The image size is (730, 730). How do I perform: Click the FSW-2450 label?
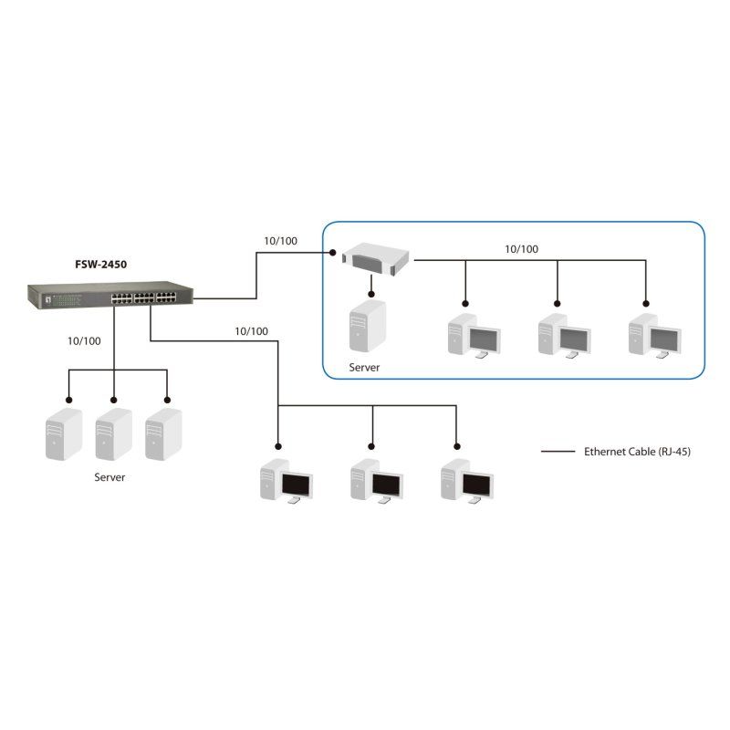[x=100, y=266]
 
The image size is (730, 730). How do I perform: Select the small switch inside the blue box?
[x=375, y=257]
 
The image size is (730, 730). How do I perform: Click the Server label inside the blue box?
[x=364, y=368]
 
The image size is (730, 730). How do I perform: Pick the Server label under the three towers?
[x=110, y=477]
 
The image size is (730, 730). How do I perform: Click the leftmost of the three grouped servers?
[x=64, y=434]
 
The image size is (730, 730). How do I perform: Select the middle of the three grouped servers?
[x=113, y=434]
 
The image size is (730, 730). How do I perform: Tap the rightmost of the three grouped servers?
[x=163, y=434]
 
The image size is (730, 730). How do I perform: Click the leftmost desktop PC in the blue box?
[x=474, y=336]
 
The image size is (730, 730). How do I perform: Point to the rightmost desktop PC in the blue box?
[x=654, y=336]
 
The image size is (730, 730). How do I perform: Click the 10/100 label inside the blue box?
[x=522, y=248]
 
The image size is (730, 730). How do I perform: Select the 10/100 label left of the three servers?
[x=84, y=340]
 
